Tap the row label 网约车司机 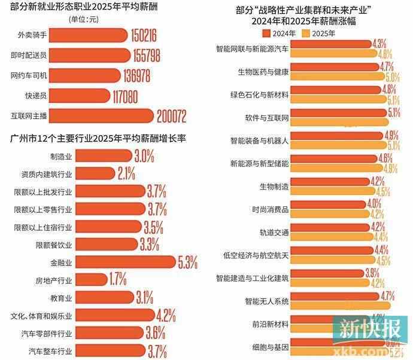29,75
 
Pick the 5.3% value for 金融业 192,262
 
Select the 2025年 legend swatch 307,33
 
